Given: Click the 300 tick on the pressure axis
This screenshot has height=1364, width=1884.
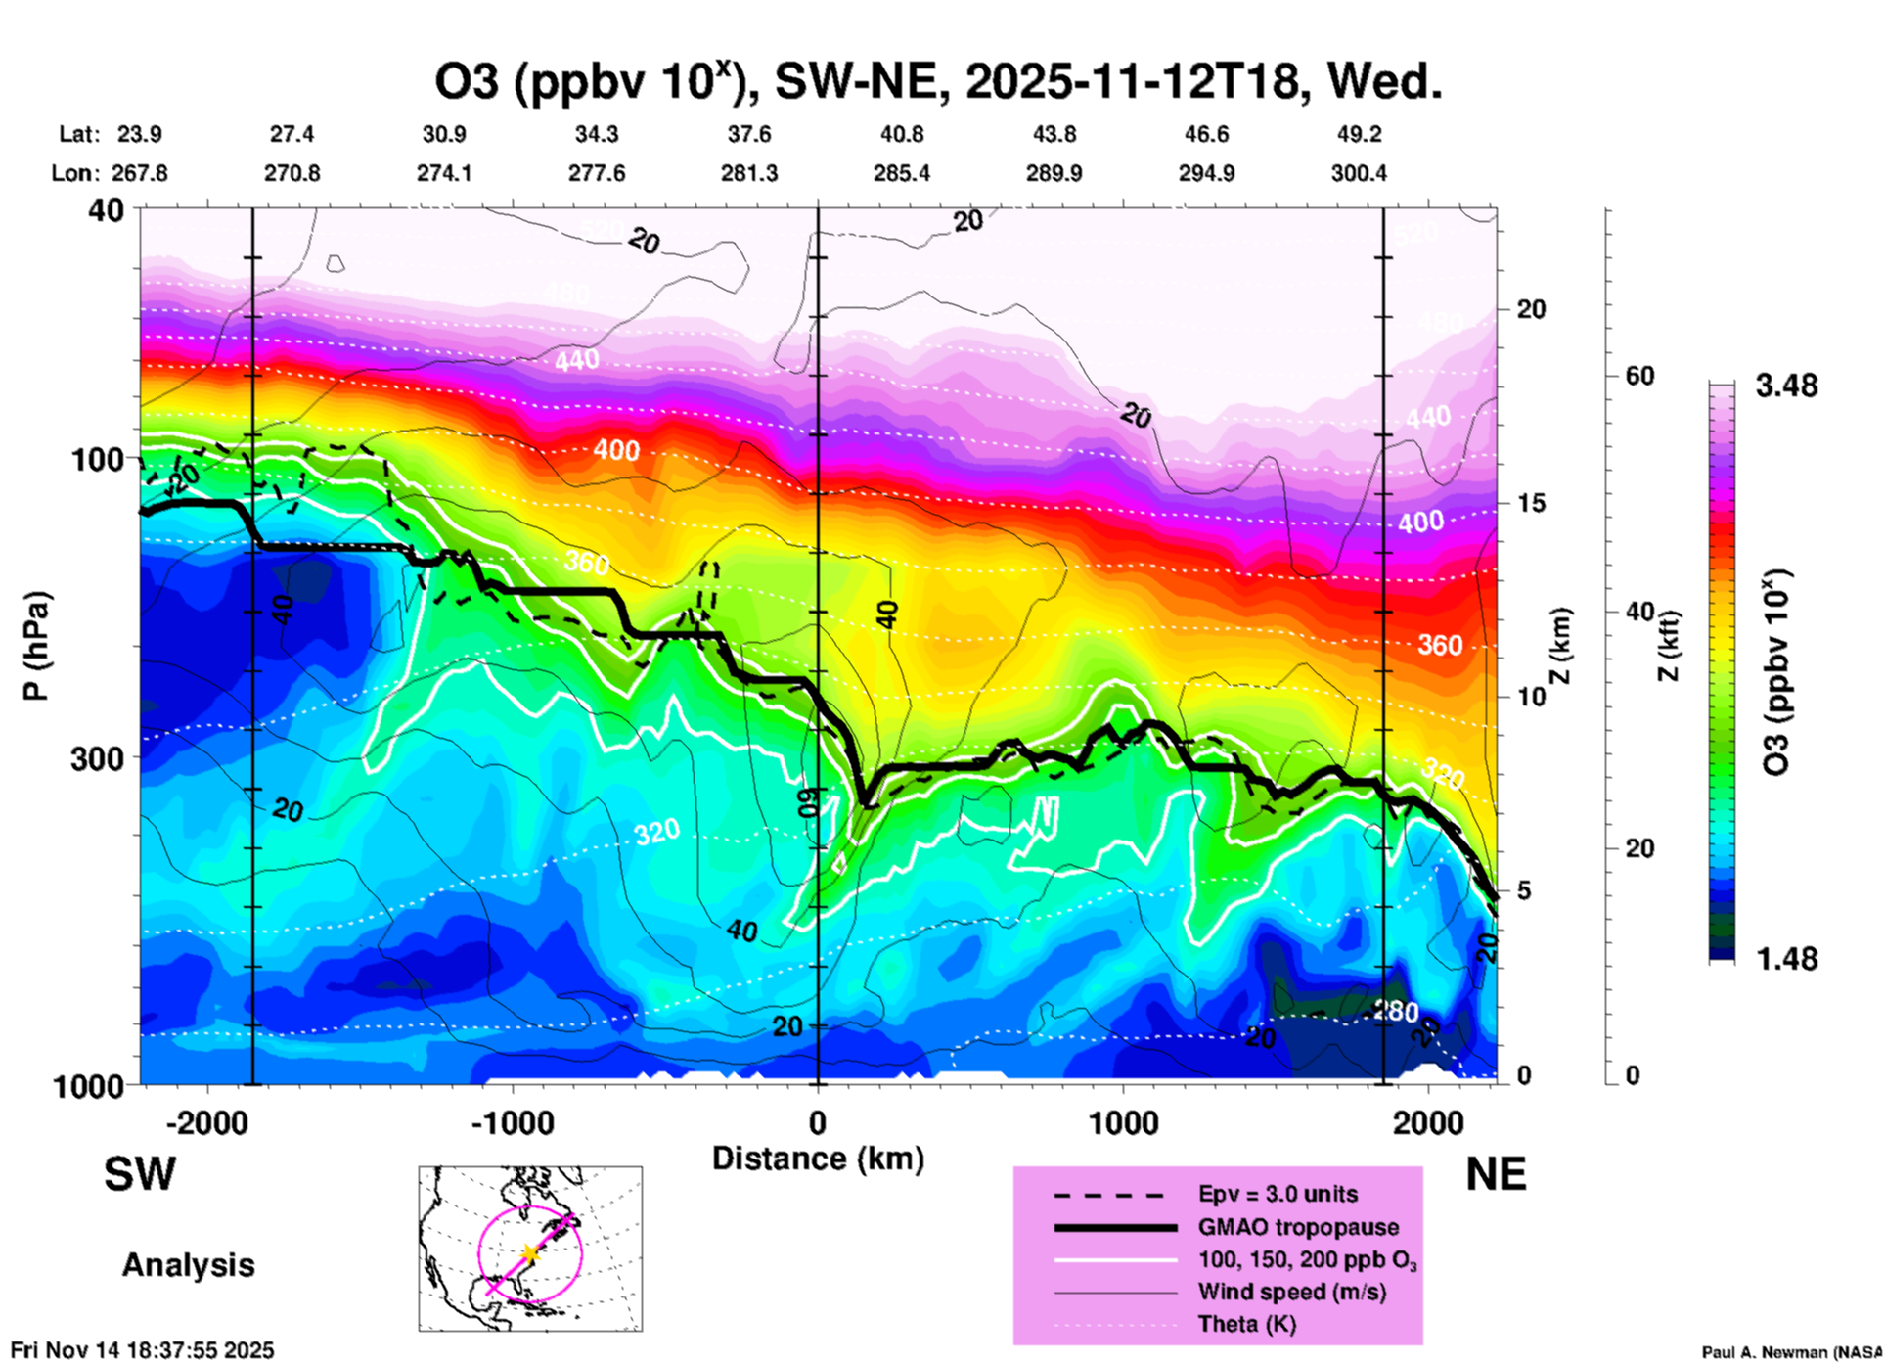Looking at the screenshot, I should click(x=97, y=758).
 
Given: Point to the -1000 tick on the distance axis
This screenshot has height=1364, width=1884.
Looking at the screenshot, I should click(x=512, y=1122).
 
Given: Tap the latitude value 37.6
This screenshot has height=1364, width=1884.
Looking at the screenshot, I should click(x=749, y=134).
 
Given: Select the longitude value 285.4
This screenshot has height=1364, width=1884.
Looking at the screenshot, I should click(x=901, y=173).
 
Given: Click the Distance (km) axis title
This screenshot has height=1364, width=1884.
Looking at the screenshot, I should click(x=818, y=1159).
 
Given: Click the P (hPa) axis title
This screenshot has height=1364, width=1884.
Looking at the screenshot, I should click(x=36, y=646).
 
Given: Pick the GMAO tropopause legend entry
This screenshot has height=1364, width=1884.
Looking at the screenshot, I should click(x=1298, y=1227).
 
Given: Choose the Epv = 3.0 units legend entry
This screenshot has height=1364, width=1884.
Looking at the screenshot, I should click(x=1278, y=1194).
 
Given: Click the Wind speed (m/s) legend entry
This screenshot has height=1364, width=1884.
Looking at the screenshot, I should click(x=1291, y=1292).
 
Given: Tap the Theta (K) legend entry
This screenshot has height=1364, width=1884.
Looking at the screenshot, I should click(x=1246, y=1324).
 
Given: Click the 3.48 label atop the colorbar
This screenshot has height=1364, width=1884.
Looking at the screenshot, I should click(x=1786, y=386).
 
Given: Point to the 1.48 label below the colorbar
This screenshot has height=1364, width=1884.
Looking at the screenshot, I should click(x=1786, y=959).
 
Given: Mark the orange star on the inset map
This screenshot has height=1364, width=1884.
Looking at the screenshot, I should click(x=529, y=1253).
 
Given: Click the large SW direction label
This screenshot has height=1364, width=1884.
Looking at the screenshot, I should click(x=140, y=1174).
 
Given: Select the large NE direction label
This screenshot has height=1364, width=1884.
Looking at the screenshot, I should click(x=1496, y=1174).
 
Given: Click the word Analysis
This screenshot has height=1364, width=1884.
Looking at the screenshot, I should click(x=188, y=1265).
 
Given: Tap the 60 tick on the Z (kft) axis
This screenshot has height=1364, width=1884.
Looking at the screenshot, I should click(x=1639, y=376).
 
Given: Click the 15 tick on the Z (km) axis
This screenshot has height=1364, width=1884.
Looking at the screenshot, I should click(x=1531, y=503).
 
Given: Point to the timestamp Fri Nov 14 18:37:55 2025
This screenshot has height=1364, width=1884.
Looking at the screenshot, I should click(x=143, y=1350).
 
